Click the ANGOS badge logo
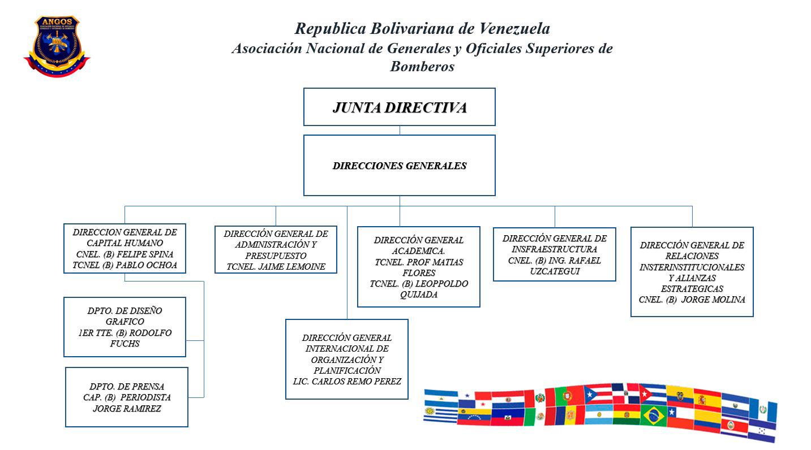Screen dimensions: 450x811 coord(56,45)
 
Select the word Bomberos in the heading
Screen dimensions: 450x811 coord(422,67)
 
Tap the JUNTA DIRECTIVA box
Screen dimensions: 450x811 coord(399,107)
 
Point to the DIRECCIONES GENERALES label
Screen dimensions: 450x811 coord(399,166)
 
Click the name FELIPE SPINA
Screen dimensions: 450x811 coord(144,254)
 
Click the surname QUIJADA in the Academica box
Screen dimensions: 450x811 coord(418,295)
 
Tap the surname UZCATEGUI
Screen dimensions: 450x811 coord(554,271)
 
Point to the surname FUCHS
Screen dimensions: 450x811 coord(125,344)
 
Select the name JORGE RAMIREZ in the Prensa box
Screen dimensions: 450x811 coord(127,409)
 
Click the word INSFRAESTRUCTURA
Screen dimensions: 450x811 coord(554,249)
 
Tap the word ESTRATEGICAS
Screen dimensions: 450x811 coord(692,289)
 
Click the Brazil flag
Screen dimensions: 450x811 coord(654,416)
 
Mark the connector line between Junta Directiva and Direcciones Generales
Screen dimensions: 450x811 coord(400,130)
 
